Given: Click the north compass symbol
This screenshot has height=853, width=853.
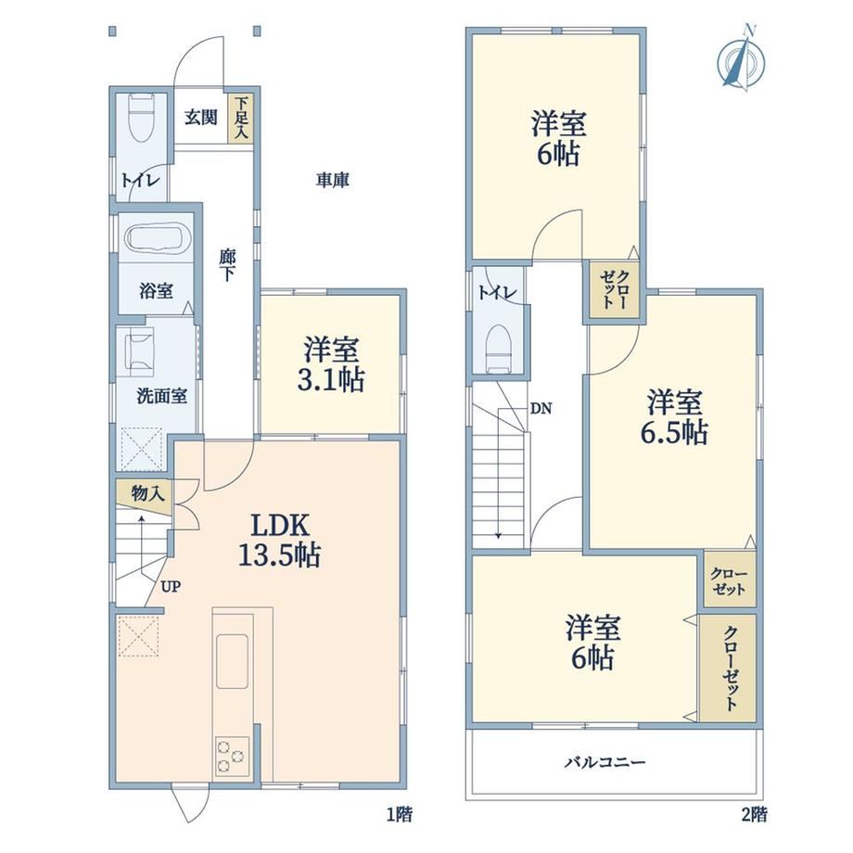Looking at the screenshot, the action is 741,57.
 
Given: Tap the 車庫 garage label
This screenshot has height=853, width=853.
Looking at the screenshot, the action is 332,180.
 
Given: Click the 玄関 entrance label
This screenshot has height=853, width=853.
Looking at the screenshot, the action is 201,117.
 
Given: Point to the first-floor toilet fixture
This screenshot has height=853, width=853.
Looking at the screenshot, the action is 142,117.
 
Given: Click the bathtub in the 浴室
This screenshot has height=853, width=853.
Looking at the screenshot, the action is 156,238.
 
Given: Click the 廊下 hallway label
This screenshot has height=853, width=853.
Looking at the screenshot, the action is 226,265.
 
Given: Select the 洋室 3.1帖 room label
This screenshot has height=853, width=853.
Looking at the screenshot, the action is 331,364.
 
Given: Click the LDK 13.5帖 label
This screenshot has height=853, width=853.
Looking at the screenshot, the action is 280,541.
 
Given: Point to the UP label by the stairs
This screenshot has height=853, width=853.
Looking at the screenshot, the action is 170,587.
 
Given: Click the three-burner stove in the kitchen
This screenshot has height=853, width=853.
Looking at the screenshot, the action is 233,757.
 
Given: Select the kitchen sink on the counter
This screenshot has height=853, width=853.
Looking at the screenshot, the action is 233,661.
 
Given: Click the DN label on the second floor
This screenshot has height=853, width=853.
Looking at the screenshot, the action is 541,409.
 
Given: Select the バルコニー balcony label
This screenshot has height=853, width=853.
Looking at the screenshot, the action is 605,762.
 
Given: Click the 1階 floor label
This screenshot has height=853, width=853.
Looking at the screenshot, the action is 399,814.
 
